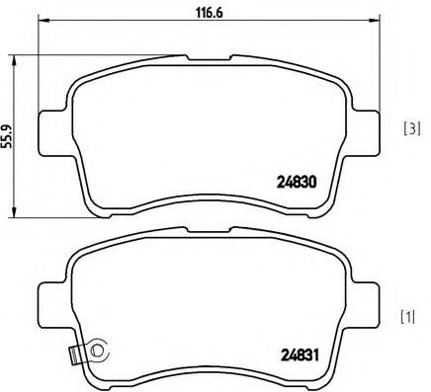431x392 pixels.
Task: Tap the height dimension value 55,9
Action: point(8,132)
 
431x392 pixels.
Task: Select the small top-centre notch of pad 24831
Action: point(210,241)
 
